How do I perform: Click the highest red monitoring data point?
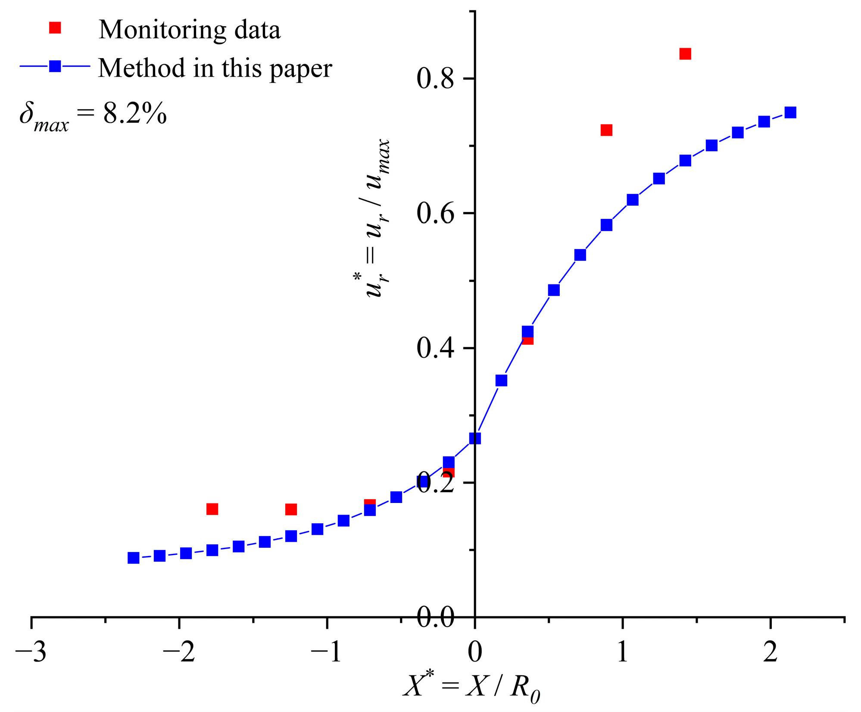click(x=685, y=54)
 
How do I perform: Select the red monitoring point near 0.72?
click(x=606, y=130)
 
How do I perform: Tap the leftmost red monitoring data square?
click(x=212, y=509)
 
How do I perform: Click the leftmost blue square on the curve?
click(x=134, y=558)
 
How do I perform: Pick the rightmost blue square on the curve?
click(x=790, y=112)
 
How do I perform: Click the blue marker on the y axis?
click(x=475, y=438)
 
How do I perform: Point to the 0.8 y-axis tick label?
click(x=435, y=79)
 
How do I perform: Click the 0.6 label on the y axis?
click(x=435, y=214)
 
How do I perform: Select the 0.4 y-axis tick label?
click(x=435, y=348)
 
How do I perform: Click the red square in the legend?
click(x=55, y=28)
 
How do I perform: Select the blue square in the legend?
click(x=55, y=66)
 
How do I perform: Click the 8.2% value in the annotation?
click(x=135, y=114)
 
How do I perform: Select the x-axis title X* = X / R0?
click(x=472, y=687)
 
